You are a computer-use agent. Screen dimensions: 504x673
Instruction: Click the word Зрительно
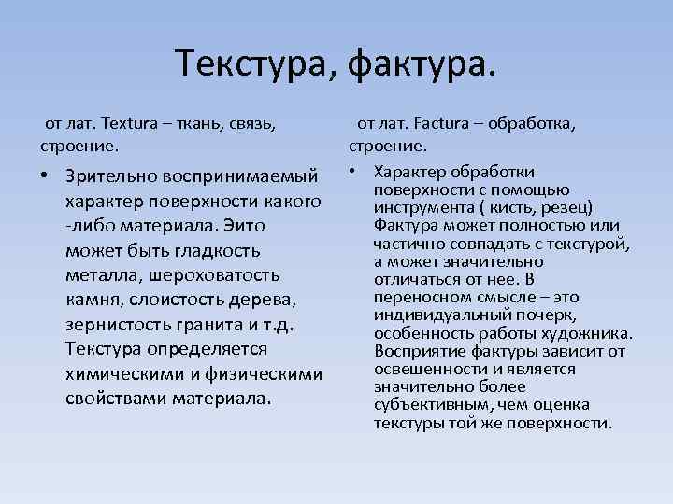112,177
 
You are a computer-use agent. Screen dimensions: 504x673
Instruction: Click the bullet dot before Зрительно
44,177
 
